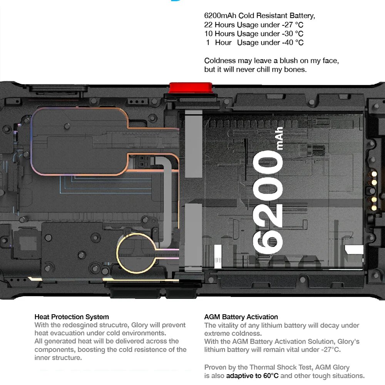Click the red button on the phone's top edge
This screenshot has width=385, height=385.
tap(191, 88)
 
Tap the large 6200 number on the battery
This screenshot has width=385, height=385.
tap(268, 202)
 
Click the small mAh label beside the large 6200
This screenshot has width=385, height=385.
tap(280, 138)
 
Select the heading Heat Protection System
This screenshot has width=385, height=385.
tap(72, 317)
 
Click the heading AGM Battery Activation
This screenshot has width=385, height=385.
tap(241, 317)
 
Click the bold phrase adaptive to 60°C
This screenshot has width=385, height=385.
tap(253, 376)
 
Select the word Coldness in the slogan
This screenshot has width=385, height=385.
tap(220, 61)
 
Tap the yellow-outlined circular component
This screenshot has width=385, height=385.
tap(136, 253)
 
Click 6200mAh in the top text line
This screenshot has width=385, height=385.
tap(220, 16)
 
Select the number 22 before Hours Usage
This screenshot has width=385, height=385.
tap(208, 25)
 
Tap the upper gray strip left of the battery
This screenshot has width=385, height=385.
tap(194, 144)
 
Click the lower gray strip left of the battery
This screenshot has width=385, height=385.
tap(194, 237)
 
